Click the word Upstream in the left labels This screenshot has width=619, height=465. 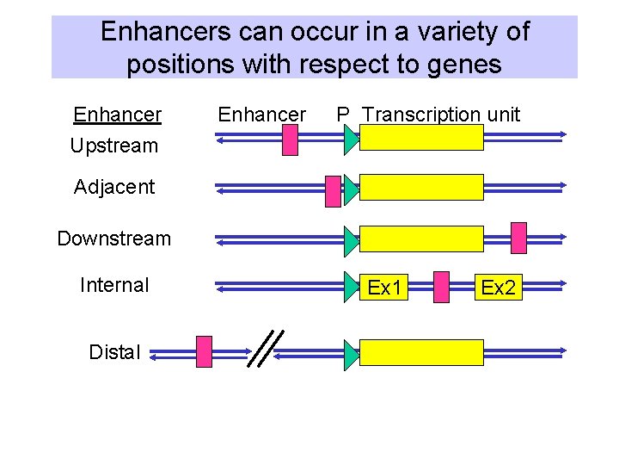coord(114,146)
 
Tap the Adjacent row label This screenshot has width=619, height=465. coord(114,187)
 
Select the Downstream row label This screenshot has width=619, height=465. coord(114,239)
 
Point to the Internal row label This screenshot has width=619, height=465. coord(114,285)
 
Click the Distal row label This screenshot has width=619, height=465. coord(114,352)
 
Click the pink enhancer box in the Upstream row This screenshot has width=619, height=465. coord(291,139)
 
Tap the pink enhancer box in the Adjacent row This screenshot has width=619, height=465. coord(333,191)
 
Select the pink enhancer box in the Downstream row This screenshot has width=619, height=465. coord(518,238)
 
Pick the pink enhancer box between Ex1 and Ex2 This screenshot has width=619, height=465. coord(441,288)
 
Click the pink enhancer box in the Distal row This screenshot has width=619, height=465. coord(204,351)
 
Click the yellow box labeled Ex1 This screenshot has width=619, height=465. coord(386,288)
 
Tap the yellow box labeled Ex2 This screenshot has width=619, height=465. coord(498,288)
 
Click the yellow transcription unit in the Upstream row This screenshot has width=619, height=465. coord(421,138)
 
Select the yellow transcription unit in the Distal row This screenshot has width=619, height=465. coord(421,352)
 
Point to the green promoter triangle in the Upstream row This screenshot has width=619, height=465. coord(350,140)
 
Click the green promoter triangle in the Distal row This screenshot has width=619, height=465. coord(350,355)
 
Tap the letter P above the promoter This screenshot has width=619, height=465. coord(342,115)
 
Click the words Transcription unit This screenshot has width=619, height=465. coord(441,115)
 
